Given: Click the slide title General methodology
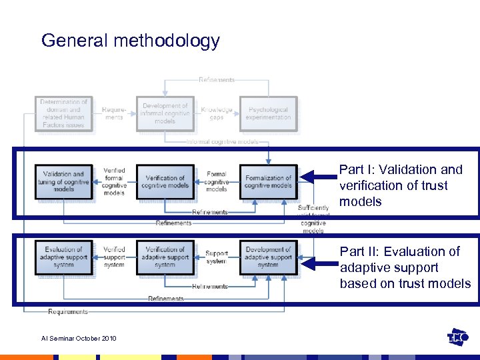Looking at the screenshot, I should point(130,41).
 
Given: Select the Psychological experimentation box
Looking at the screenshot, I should point(269,114).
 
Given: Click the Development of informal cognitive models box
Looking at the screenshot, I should point(165,114).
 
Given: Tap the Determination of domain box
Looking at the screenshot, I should point(63,114).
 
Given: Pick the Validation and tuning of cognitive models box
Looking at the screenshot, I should point(63,182).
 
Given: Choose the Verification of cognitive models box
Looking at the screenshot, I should point(165,182).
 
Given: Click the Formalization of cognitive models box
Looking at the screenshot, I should point(269,182).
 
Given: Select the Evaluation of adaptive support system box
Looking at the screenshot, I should point(63,257).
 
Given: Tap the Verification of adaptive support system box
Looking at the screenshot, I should point(165,257).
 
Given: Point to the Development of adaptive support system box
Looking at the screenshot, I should point(269,257).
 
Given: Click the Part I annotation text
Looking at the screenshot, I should point(400,186).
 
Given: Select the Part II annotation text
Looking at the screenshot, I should point(405,267).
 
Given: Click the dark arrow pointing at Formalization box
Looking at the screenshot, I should point(317,177).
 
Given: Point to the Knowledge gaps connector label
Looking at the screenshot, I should point(217,114).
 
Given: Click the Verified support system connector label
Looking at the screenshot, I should point(114,257).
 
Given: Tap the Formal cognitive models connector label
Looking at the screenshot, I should point(216,181).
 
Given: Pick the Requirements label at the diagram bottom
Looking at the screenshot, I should point(68,311).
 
